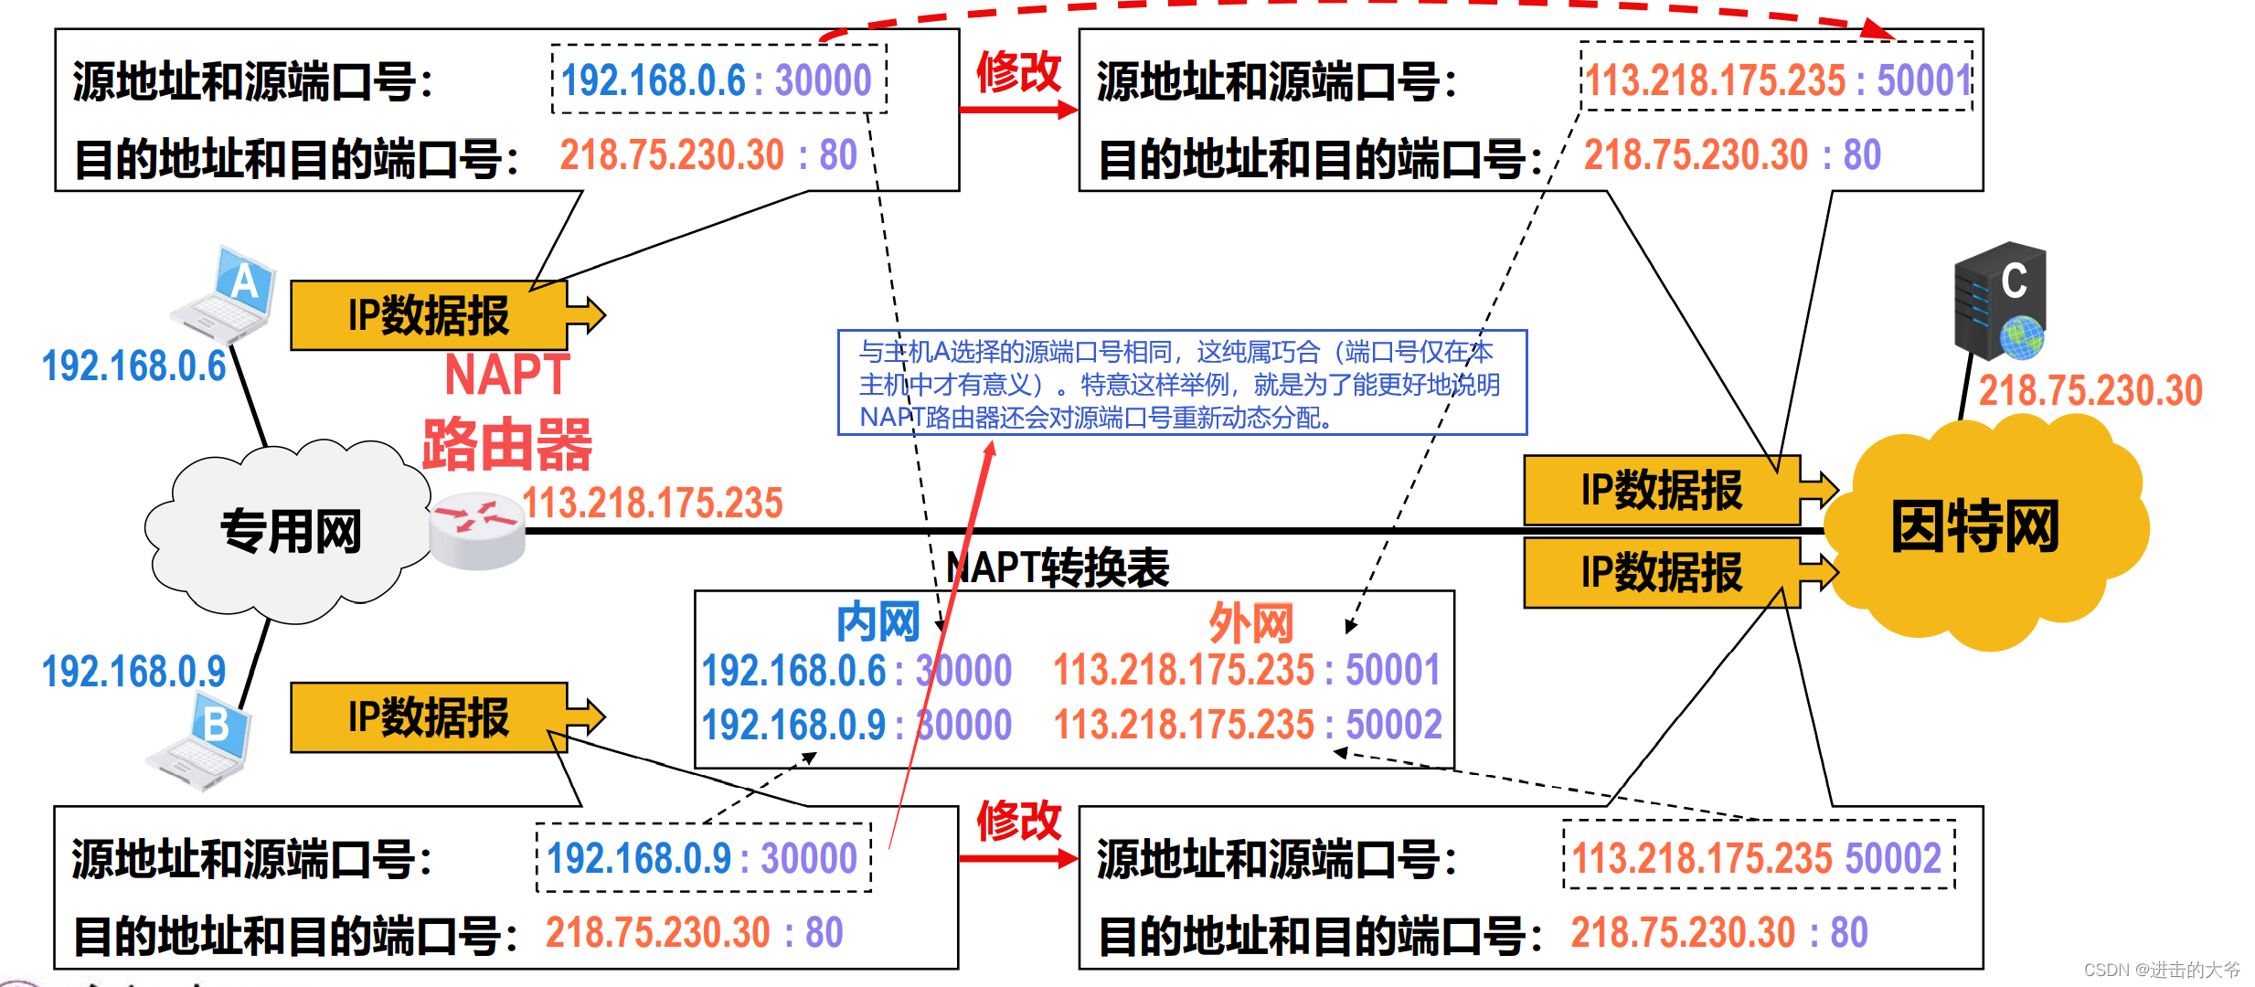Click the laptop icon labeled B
coord(201,740)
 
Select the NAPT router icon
coord(477,530)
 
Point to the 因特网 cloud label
coord(1974,527)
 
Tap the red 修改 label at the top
coord(1018,71)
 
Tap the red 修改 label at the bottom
coord(1018,820)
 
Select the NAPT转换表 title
coord(1058,568)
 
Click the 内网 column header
coord(878,622)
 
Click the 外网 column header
coord(1250,623)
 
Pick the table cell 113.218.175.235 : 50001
coord(1247,670)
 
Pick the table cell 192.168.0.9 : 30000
coord(856,725)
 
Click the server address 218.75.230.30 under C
coord(2090,391)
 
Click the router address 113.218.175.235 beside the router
coord(653,503)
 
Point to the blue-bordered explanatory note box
coord(1182,383)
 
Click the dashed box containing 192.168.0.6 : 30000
coord(718,80)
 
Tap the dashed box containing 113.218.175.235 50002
coord(1758,856)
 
